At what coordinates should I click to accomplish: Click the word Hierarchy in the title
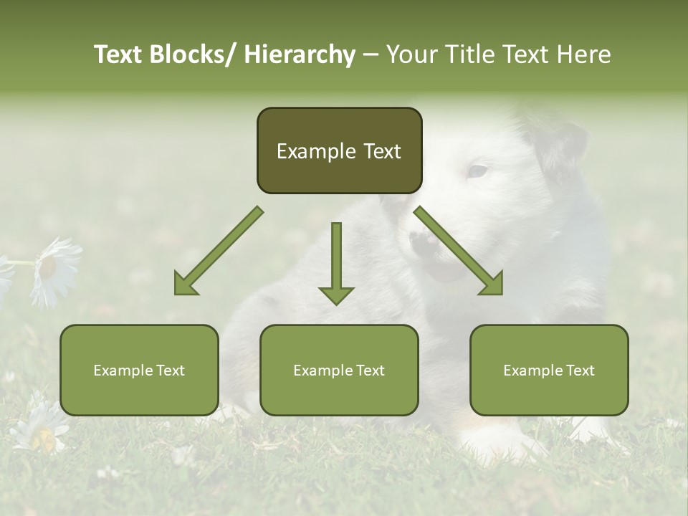click(x=300, y=54)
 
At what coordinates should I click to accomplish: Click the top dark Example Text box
click(x=339, y=150)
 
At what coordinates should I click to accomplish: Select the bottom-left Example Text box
click(x=139, y=370)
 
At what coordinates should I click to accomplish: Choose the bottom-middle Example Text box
click(x=339, y=370)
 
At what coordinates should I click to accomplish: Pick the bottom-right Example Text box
click(x=549, y=370)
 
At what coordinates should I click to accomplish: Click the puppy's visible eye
click(x=477, y=171)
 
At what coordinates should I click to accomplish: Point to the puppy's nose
click(x=424, y=242)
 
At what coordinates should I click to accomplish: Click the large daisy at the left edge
click(x=54, y=271)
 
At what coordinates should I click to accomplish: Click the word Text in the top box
click(x=377, y=151)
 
